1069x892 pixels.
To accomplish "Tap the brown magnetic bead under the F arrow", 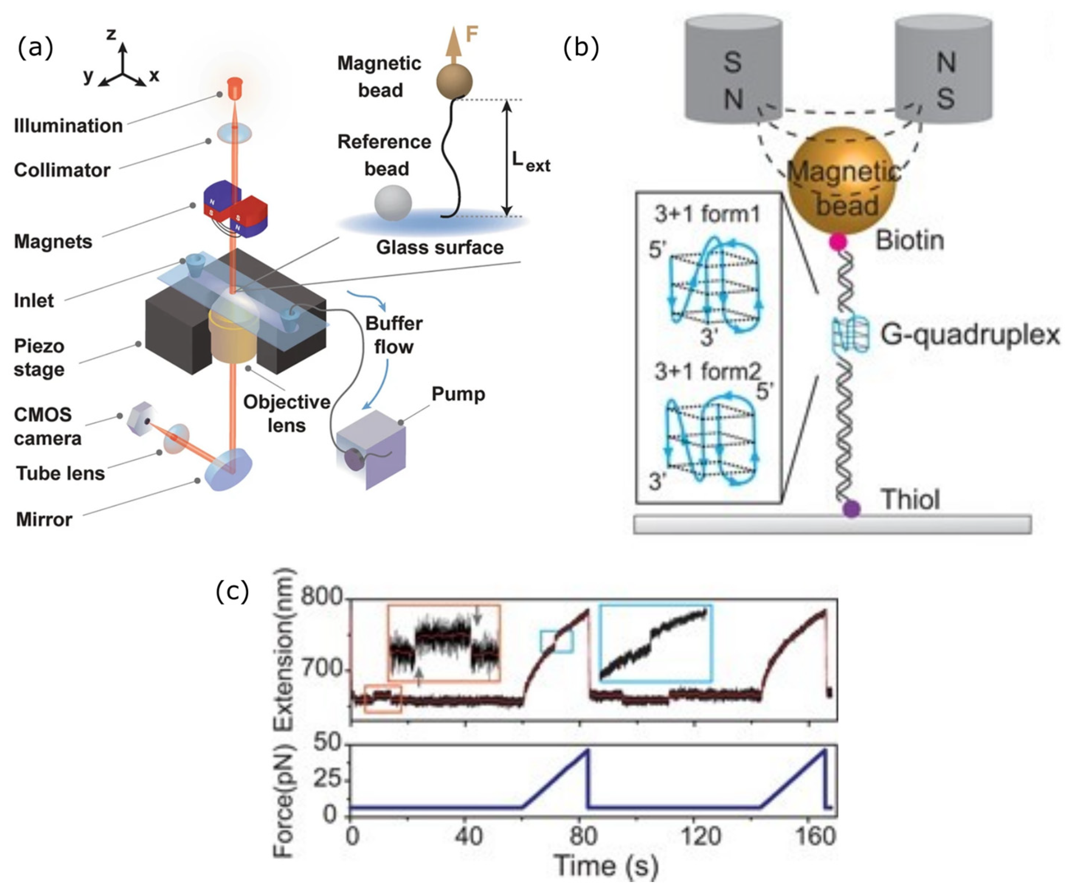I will tap(454, 82).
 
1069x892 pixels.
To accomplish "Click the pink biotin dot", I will tap(838, 241).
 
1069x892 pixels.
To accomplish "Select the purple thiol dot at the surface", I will tap(851, 509).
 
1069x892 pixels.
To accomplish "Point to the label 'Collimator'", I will tap(62, 170).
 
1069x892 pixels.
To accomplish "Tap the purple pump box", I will tap(371, 448).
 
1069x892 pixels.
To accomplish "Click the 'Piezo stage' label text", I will tap(39, 357).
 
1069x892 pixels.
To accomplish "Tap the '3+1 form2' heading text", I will tap(707, 372).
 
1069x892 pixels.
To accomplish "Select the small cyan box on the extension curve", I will tap(556, 642).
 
